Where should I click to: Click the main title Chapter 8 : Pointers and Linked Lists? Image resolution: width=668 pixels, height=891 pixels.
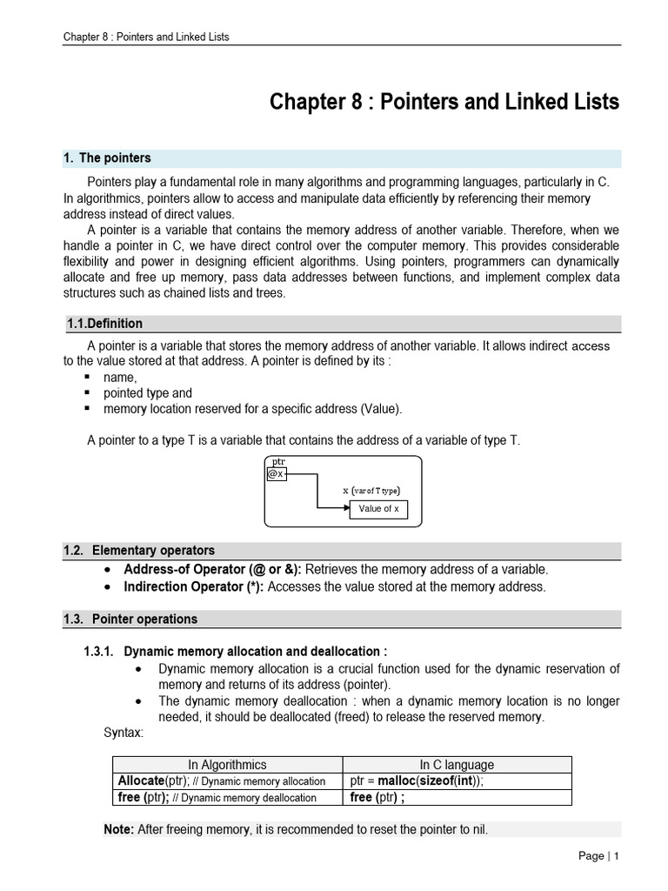tap(444, 102)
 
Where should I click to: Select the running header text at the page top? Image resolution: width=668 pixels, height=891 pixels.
tap(145, 37)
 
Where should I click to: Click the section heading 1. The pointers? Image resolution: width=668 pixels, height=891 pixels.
tap(107, 158)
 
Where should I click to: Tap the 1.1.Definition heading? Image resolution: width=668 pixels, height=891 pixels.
tap(105, 324)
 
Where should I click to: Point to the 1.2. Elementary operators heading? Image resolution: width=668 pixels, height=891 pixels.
tap(139, 551)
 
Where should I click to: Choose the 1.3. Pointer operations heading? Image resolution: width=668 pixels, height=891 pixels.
tap(130, 620)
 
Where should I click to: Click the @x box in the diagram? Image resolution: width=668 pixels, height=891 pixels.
tap(276, 473)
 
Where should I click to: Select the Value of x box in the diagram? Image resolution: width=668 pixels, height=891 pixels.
tap(378, 509)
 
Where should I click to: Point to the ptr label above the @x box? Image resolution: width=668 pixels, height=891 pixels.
tap(278, 461)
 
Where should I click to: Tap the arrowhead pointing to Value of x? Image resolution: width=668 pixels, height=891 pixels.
tap(344, 509)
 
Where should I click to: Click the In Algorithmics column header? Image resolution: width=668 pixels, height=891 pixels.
tap(228, 765)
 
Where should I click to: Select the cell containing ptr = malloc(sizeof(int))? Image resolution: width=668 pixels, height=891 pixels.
tap(416, 780)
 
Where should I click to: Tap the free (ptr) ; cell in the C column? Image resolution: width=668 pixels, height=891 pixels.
tap(377, 797)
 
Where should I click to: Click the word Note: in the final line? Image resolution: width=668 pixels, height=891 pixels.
tap(118, 830)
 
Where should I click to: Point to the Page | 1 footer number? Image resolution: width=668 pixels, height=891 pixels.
tap(598, 856)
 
